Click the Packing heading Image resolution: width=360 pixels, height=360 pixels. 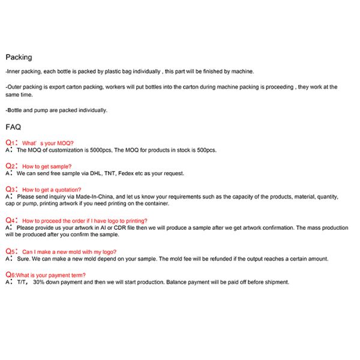pyautogui.click(x=19, y=58)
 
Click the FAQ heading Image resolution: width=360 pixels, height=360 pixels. pyautogui.click(x=13, y=127)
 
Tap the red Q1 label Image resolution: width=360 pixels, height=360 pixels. pyautogui.click(x=10, y=143)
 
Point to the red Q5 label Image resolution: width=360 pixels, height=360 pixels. pyautogui.click(x=10, y=251)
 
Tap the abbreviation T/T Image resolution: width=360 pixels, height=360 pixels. pyautogui.click(x=22, y=282)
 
